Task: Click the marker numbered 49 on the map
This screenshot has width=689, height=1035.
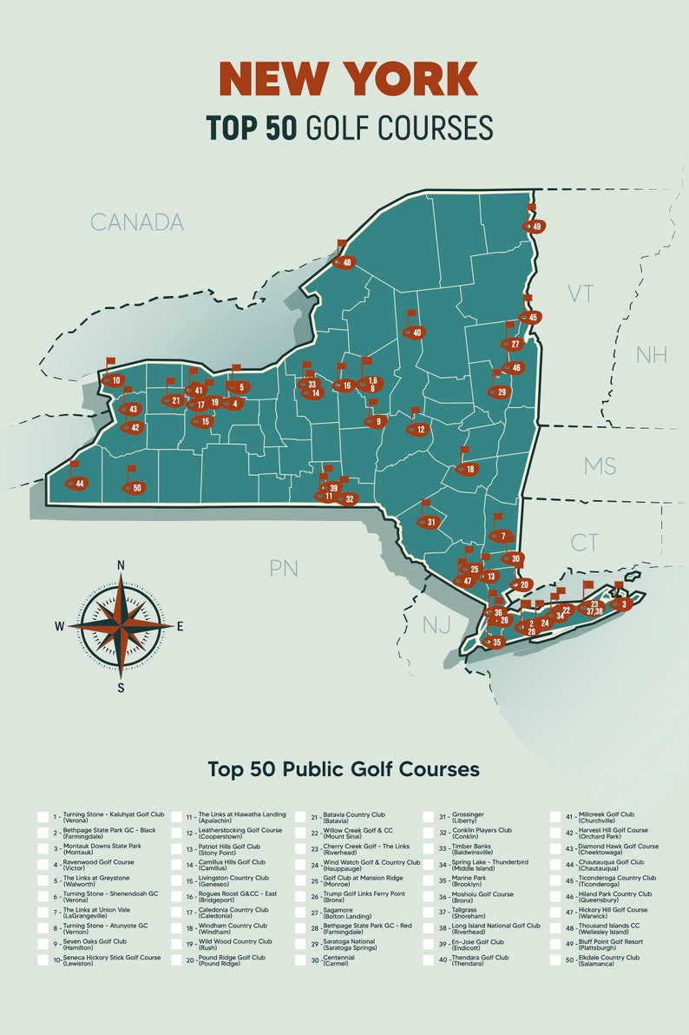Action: click(x=535, y=227)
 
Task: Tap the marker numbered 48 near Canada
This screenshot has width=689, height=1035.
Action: click(x=345, y=262)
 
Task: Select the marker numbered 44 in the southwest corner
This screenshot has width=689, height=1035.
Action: click(x=78, y=483)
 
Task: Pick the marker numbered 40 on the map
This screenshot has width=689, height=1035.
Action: click(x=416, y=333)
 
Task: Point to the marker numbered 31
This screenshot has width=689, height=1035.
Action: click(x=430, y=523)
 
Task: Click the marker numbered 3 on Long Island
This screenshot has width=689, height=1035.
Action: click(x=622, y=604)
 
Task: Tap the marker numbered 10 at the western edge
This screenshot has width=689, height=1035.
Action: click(x=115, y=380)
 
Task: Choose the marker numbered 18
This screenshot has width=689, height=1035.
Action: click(x=469, y=470)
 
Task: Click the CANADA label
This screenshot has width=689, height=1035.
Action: click(x=137, y=222)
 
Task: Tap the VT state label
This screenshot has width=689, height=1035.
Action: click(x=580, y=293)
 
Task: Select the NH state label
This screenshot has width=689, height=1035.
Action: click(x=652, y=354)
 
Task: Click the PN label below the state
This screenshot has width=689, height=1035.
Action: click(x=284, y=569)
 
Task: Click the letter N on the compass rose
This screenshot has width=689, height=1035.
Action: click(x=121, y=565)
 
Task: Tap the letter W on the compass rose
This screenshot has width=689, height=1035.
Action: click(x=59, y=625)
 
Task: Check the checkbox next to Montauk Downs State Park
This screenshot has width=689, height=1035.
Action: click(x=43, y=848)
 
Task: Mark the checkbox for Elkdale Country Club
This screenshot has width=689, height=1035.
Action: click(x=554, y=960)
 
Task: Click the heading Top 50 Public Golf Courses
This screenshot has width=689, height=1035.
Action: click(x=344, y=769)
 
